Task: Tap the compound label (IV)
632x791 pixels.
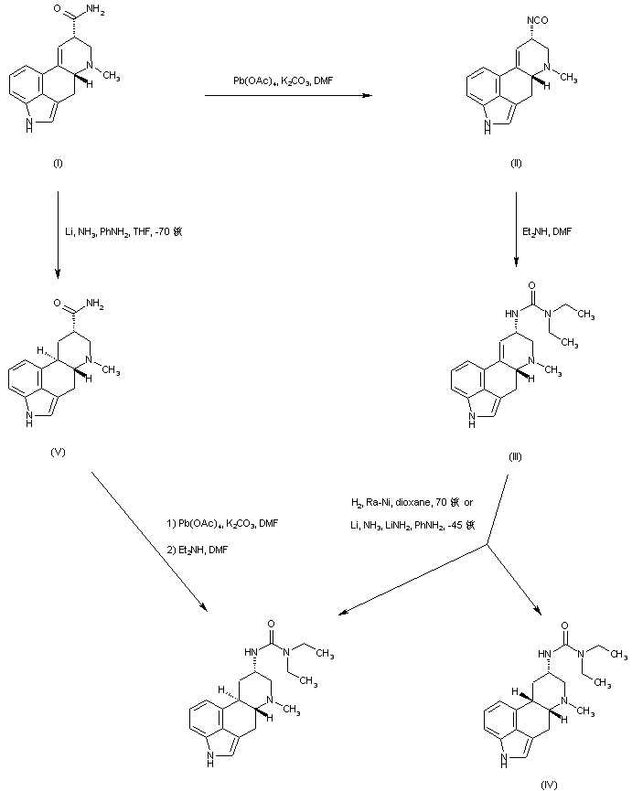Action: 548,784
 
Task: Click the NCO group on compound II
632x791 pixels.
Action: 527,15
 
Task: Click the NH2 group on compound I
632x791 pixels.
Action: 97,13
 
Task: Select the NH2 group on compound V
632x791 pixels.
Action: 97,304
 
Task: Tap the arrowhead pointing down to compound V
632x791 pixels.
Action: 59,270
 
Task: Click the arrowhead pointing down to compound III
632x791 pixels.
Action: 516,265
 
